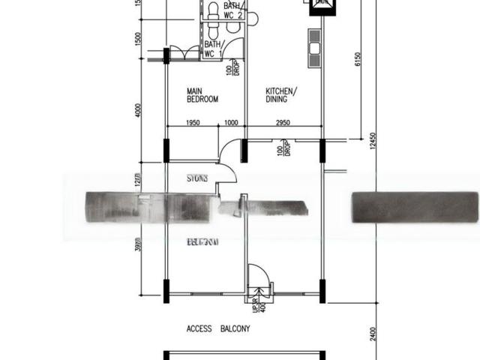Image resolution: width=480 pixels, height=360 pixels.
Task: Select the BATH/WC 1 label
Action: click(x=214, y=49)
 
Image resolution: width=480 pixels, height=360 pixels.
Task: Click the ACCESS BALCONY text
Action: click(x=218, y=329)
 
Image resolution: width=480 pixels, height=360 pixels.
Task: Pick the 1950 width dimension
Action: click(x=194, y=123)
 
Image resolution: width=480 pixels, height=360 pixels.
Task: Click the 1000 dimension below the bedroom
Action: click(x=231, y=123)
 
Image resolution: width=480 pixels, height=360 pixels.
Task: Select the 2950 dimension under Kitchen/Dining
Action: click(x=283, y=123)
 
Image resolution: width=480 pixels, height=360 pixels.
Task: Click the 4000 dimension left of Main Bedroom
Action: click(x=138, y=109)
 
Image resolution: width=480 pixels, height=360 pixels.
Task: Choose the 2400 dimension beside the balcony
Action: click(x=372, y=330)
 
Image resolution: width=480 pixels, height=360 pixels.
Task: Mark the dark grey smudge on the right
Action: click(x=415, y=206)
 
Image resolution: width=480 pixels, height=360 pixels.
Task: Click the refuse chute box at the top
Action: click(x=321, y=4)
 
